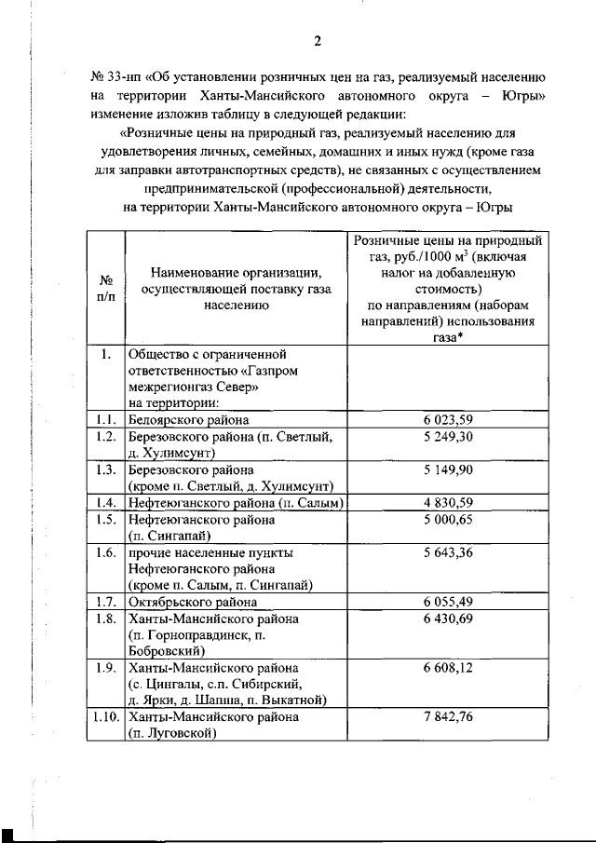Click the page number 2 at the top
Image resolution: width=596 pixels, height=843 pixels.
317,40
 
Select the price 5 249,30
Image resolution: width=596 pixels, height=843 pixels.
447,436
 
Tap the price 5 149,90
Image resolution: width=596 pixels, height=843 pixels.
447,469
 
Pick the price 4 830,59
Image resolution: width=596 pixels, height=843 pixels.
447,503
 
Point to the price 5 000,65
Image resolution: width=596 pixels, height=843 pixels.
447,520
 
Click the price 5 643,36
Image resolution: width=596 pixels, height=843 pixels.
447,553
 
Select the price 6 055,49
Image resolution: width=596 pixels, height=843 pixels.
447,603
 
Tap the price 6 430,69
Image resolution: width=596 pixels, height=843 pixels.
447,619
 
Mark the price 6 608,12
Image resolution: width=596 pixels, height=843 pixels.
447,669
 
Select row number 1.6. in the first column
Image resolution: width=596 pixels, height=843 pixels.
105,553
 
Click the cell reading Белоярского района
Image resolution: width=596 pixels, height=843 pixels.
188,420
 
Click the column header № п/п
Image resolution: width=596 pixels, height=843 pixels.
105,287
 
